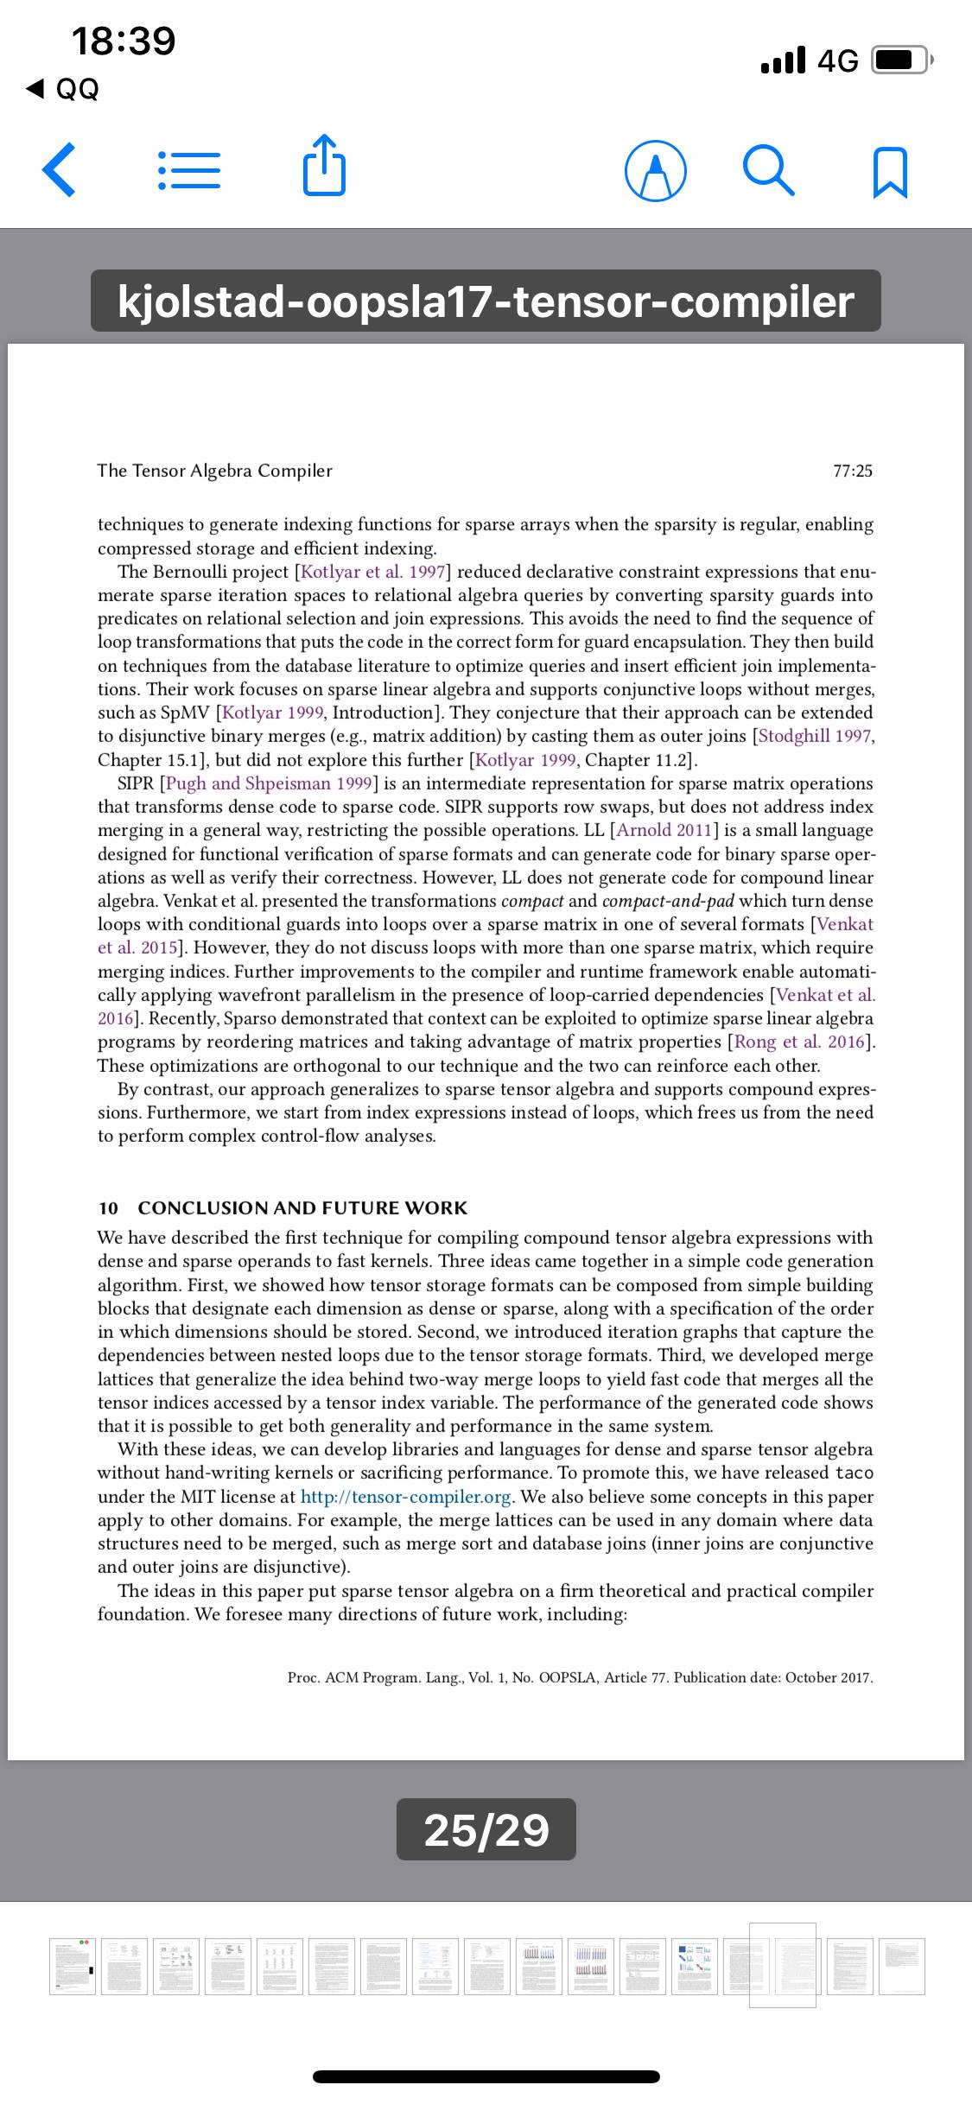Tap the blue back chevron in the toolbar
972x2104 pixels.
(x=59, y=170)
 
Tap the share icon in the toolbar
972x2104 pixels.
(x=324, y=168)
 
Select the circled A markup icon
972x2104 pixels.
(x=656, y=171)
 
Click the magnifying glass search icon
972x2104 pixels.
(x=768, y=171)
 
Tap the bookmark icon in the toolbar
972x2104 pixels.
(x=891, y=172)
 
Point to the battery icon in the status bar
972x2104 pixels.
(x=901, y=60)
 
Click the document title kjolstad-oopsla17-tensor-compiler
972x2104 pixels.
(x=486, y=301)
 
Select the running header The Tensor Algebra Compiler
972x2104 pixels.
(x=214, y=471)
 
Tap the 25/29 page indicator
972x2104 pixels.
(x=486, y=1828)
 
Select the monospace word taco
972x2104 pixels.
(x=854, y=1473)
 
